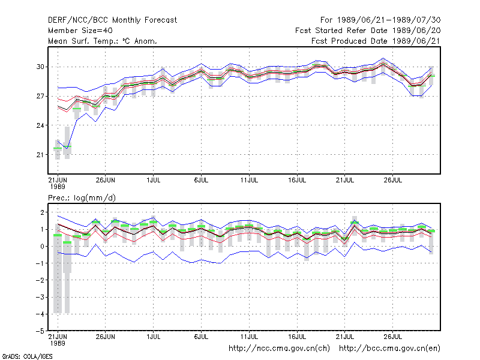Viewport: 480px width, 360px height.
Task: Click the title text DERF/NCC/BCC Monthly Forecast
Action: point(112,20)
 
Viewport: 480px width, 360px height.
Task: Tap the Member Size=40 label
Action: point(80,31)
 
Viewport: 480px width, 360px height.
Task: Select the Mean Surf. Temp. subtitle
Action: point(103,41)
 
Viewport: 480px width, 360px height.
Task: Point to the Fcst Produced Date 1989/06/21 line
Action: point(376,41)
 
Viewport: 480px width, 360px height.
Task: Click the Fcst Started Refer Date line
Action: point(368,31)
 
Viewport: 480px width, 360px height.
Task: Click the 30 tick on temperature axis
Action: point(40,67)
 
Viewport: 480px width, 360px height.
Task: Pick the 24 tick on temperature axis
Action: point(40,125)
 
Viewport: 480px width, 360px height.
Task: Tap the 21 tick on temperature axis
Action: point(40,155)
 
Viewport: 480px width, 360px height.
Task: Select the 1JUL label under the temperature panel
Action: point(154,180)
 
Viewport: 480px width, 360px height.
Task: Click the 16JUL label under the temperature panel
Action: point(297,180)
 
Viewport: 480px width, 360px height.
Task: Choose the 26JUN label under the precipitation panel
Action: point(106,337)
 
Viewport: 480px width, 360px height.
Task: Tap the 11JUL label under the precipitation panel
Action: point(249,337)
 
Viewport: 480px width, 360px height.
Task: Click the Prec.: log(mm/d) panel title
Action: point(82,198)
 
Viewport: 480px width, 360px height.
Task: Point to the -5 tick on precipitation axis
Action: point(40,331)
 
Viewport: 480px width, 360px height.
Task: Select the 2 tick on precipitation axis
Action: point(42,212)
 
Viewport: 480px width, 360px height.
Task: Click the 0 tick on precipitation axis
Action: point(42,247)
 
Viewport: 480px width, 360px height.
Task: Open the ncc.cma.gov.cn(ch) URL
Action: point(279,349)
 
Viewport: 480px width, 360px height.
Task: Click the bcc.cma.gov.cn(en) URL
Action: point(389,349)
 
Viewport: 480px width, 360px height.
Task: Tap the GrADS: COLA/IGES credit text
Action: point(27,356)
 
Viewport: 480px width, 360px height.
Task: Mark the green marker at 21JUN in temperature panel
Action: point(58,148)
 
